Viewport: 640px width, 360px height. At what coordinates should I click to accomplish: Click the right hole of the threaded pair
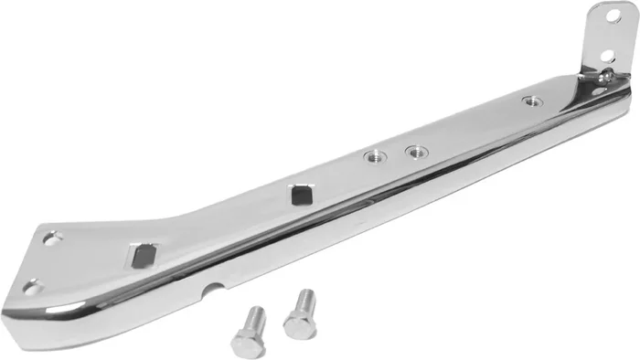[x=415, y=151]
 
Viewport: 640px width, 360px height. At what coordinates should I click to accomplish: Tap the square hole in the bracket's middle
[x=301, y=194]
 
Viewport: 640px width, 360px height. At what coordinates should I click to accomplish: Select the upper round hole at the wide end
[x=49, y=239]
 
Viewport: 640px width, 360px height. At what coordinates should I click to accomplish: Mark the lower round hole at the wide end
[x=32, y=288]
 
